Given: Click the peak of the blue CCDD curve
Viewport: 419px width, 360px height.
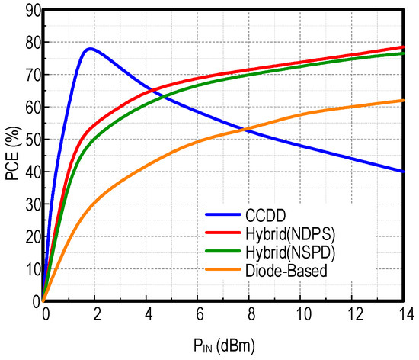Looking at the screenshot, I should (91, 49).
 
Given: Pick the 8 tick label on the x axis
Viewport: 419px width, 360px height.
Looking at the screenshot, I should (251, 314).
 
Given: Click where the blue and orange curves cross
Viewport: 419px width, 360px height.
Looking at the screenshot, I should (246, 129).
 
